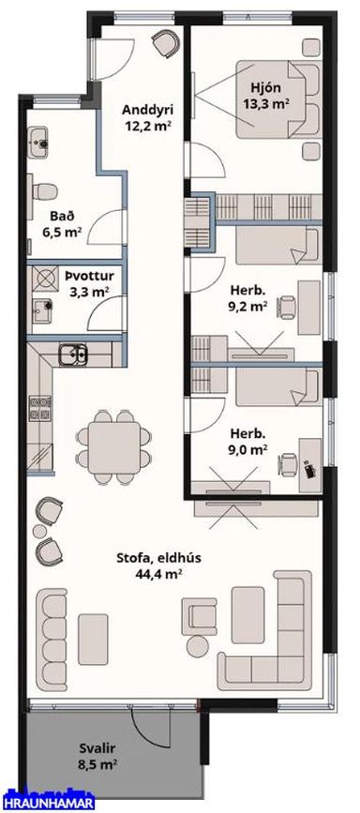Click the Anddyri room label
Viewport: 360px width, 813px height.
[x=147, y=110]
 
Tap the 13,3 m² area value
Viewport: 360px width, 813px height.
[x=266, y=104]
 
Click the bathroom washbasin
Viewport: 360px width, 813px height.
[x=38, y=141]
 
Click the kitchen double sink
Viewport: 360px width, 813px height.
[x=73, y=354]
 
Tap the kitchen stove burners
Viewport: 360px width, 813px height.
[x=40, y=408]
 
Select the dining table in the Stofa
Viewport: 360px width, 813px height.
[x=114, y=447]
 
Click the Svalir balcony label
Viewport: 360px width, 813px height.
[x=97, y=748]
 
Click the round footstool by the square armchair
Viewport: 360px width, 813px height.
[x=197, y=646]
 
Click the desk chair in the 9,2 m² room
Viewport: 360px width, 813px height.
[x=287, y=307]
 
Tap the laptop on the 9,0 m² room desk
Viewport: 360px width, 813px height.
[x=310, y=470]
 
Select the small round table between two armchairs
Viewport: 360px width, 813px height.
[x=39, y=531]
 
